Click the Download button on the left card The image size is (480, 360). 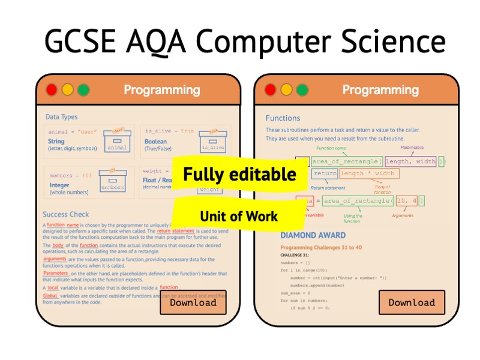(193, 302)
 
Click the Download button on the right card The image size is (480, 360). (412, 302)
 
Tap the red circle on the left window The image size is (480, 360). (52, 90)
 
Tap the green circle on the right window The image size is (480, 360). (302, 90)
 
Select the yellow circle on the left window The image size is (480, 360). (67, 90)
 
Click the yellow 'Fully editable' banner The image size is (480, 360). (239, 175)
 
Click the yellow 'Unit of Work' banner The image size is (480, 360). (239, 216)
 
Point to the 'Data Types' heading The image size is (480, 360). (61, 117)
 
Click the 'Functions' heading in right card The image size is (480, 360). (283, 118)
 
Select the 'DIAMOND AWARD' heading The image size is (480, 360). (313, 235)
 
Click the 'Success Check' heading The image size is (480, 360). (65, 214)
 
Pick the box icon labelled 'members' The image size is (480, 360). (112, 182)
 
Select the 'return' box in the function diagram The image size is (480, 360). (325, 173)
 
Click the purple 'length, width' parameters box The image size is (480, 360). (410, 161)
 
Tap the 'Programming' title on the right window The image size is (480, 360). (380, 90)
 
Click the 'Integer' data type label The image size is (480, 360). (59, 185)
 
